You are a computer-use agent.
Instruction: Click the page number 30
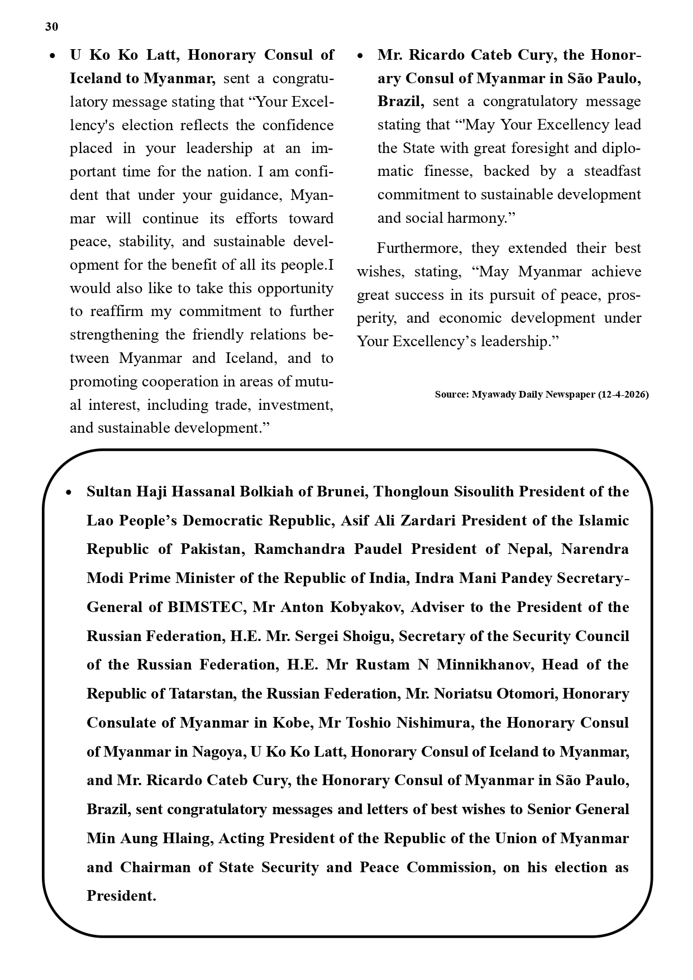pyautogui.click(x=51, y=27)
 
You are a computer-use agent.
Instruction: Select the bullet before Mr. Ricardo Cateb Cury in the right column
pyautogui.click(x=360, y=56)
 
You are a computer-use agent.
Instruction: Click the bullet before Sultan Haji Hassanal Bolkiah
pyautogui.click(x=69, y=493)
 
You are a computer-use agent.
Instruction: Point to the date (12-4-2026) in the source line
pyautogui.click(x=623, y=394)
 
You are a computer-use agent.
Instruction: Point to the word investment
pyautogui.click(x=295, y=405)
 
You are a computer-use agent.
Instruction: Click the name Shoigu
pyautogui.click(x=364, y=636)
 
